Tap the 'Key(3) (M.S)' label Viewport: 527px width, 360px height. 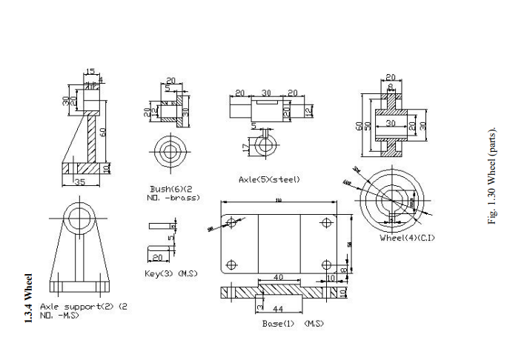point(170,274)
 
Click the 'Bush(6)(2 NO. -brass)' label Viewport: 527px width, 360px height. point(174,193)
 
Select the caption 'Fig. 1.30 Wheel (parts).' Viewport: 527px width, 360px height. point(491,177)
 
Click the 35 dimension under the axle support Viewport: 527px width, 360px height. point(80,181)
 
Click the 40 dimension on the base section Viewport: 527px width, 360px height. point(279,277)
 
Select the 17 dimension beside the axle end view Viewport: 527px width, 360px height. point(245,147)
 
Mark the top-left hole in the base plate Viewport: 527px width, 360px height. point(233,221)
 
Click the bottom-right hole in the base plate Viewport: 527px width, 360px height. point(325,264)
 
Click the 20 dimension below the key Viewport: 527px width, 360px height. point(158,257)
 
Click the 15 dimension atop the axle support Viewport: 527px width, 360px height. point(90,72)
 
